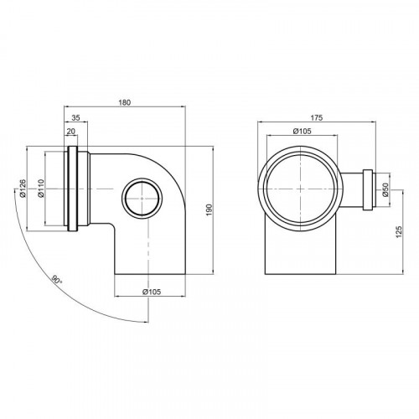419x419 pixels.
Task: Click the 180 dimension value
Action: tap(124, 102)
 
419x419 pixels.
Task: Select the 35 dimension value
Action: tap(75, 117)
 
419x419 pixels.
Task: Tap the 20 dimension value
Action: tap(71, 132)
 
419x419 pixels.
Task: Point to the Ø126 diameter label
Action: tap(23, 189)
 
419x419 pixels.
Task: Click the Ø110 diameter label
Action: tap(41, 189)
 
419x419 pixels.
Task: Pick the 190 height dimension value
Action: tap(209, 210)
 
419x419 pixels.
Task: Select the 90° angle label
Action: tap(57, 280)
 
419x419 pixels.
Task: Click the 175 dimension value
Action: tap(317, 117)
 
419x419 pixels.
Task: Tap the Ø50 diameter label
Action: tap(385, 189)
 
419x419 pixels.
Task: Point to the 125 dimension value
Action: tap(399, 232)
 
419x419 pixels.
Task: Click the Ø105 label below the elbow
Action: tap(152, 292)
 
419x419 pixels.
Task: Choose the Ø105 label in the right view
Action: tap(302, 131)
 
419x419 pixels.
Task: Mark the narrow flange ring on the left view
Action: tap(72, 189)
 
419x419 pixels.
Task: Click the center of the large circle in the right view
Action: tap(300, 189)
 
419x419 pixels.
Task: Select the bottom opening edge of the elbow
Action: tap(150, 275)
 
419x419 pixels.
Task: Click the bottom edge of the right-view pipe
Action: tap(300, 274)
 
